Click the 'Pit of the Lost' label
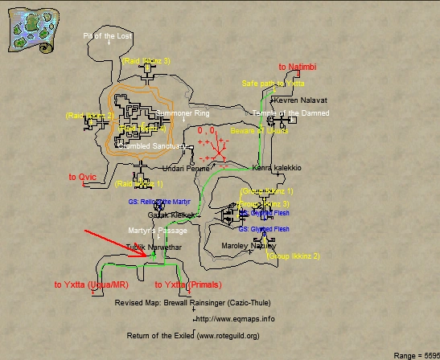[109, 36]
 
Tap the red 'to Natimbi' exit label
[298, 67]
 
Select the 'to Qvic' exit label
[82, 177]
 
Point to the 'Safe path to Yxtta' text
[273, 84]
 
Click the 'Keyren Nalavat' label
[300, 100]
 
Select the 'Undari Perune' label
[186, 169]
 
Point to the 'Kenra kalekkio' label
[277, 168]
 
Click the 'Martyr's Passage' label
[158, 231]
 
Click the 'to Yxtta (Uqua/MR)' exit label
[92, 284]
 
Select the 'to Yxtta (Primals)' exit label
[187, 284]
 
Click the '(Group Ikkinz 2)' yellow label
[294, 256]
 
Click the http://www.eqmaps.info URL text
[235, 319]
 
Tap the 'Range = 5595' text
[416, 354]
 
